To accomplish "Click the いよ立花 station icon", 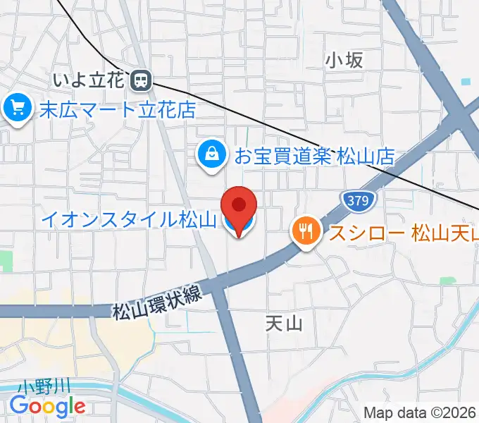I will [141, 80].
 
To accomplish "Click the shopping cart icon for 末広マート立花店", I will [15, 108].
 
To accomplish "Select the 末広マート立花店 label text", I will [116, 109].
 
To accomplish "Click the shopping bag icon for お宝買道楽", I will [211, 152].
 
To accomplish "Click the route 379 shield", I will [358, 201].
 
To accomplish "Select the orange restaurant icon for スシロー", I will [306, 231].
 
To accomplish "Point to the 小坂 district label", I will [344, 61].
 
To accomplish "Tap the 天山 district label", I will [284, 324].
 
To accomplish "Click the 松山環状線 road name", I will [157, 300].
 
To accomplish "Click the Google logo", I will [48, 405].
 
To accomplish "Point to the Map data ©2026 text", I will [420, 412].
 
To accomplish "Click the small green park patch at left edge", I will [6, 260].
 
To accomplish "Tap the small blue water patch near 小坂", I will [465, 82].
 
